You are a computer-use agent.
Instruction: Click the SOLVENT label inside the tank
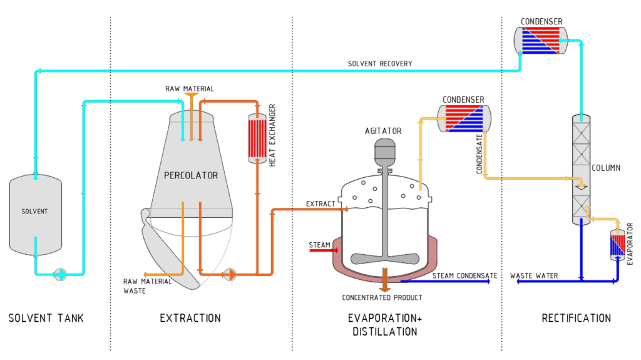pyautogui.click(x=35, y=211)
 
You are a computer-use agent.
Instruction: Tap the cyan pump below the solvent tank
pyautogui.click(x=60, y=274)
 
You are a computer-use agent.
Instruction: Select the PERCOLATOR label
pyautogui.click(x=191, y=175)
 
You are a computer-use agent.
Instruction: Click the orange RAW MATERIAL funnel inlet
pyautogui.click(x=192, y=95)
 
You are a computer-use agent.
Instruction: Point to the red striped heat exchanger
pyautogui.click(x=257, y=138)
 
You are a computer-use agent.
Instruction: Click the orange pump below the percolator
pyautogui.click(x=230, y=274)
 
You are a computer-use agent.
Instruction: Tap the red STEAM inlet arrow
pyautogui.click(x=324, y=250)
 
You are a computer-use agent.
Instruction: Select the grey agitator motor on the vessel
pyautogui.click(x=385, y=152)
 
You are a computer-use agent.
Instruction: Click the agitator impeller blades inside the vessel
pyautogui.click(x=385, y=258)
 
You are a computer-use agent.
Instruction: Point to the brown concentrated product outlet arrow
pyautogui.click(x=385, y=280)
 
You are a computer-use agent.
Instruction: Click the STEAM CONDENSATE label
pyautogui.click(x=465, y=275)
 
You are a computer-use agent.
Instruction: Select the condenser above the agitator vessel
pyautogui.click(x=464, y=118)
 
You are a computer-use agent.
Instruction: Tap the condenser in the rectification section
pyautogui.click(x=541, y=41)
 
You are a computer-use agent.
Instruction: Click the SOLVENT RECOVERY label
pyautogui.click(x=380, y=64)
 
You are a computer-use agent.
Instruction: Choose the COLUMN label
pyautogui.click(x=606, y=168)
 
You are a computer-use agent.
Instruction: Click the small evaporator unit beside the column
pyautogui.click(x=617, y=245)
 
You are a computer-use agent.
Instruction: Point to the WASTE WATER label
pyautogui.click(x=534, y=275)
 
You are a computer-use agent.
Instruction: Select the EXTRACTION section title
pyautogui.click(x=190, y=318)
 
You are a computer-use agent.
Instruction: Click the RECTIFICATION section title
pyautogui.click(x=577, y=318)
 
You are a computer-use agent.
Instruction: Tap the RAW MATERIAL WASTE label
pyautogui.click(x=148, y=286)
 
